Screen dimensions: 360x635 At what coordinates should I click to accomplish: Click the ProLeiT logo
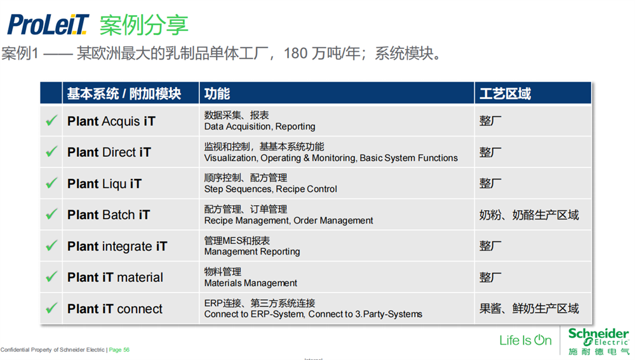click(x=48, y=24)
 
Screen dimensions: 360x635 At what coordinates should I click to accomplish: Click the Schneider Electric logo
click(x=598, y=341)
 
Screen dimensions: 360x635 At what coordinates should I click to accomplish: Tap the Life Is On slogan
click(x=525, y=340)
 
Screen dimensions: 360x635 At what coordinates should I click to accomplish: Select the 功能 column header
click(x=217, y=94)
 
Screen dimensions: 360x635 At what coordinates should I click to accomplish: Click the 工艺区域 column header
click(x=505, y=94)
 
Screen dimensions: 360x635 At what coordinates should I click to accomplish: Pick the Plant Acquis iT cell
click(x=111, y=121)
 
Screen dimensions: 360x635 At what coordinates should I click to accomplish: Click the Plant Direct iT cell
click(x=109, y=152)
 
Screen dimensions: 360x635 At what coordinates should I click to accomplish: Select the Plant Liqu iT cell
click(x=105, y=184)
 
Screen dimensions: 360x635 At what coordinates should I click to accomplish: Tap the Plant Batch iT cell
click(x=109, y=215)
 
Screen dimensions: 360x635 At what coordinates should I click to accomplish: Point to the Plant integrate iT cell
click(x=117, y=246)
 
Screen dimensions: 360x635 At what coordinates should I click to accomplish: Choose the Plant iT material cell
click(x=115, y=277)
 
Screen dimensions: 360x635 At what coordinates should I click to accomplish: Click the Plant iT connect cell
click(x=115, y=309)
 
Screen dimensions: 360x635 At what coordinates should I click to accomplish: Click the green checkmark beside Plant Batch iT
click(x=51, y=215)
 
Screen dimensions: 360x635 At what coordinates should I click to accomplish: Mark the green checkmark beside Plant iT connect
click(x=51, y=309)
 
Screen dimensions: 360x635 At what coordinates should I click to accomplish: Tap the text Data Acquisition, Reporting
click(x=260, y=127)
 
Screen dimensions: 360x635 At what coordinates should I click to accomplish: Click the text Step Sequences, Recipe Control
click(x=271, y=189)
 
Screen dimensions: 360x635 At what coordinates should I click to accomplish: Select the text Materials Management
click(x=251, y=283)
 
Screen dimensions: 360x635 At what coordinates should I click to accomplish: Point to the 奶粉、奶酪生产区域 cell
click(x=529, y=215)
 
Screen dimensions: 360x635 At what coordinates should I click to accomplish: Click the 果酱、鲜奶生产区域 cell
click(x=529, y=309)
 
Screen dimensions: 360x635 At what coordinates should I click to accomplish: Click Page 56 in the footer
click(x=119, y=350)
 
